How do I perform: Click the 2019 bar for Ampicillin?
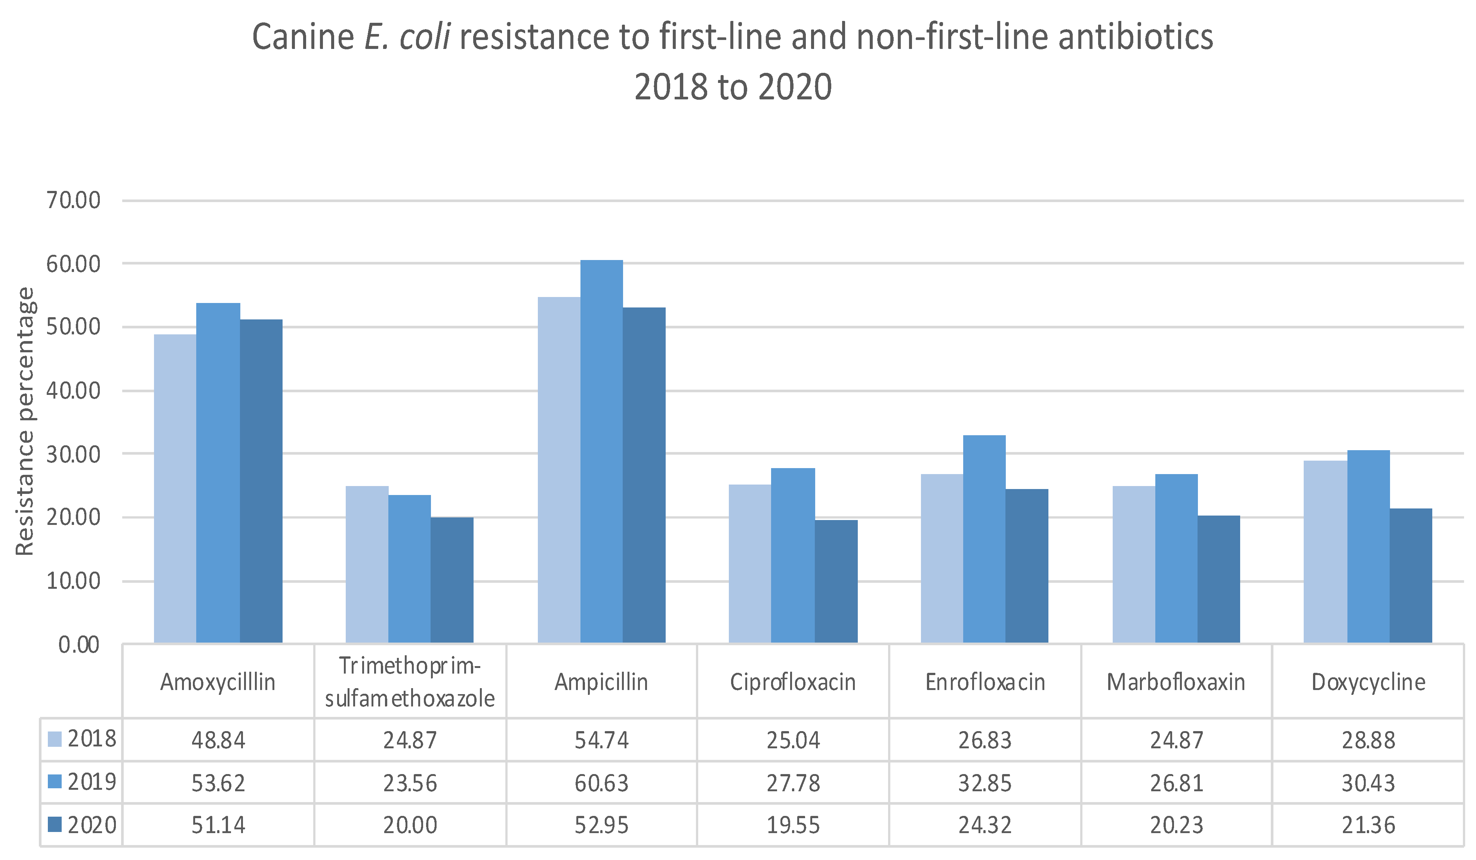pos(601,451)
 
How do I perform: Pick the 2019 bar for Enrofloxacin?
pos(984,539)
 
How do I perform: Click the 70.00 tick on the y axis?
pos(74,201)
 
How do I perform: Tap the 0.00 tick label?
pos(79,644)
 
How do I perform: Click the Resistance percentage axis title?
pos(25,421)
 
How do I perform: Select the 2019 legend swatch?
pos(55,782)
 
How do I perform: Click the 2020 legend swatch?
pos(55,824)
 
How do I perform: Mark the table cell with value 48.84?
pos(218,740)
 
